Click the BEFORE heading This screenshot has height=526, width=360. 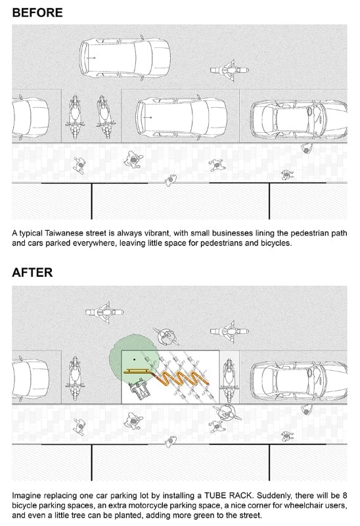pyautogui.click(x=37, y=12)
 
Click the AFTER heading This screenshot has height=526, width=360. pyautogui.click(x=32, y=272)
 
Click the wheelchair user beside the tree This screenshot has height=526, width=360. pyautogui.click(x=140, y=389)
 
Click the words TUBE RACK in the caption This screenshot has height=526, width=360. pyautogui.click(x=227, y=496)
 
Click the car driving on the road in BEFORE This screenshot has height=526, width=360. pyautogui.click(x=125, y=58)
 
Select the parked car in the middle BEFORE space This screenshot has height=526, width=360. pyautogui.click(x=181, y=117)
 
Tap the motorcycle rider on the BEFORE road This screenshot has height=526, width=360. pyautogui.click(x=230, y=70)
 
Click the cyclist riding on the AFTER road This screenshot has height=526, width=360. pyautogui.click(x=166, y=337)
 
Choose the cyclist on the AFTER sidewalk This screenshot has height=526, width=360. pyautogui.click(x=227, y=412)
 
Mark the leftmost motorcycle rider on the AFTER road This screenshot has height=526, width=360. pyautogui.click(x=104, y=312)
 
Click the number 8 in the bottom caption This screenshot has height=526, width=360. pyautogui.click(x=345, y=496)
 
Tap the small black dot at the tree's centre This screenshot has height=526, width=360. pyautogui.click(x=135, y=359)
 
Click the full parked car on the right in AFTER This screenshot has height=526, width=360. pyautogui.click(x=299, y=380)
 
